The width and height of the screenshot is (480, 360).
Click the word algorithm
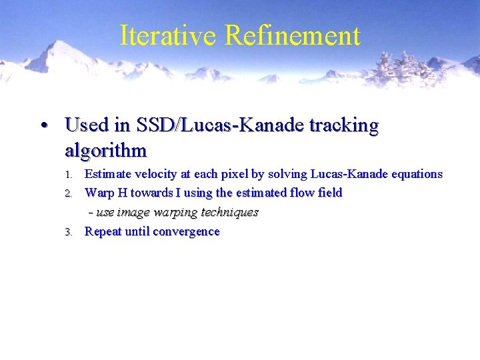[x=105, y=151]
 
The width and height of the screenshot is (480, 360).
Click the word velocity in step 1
[x=155, y=175]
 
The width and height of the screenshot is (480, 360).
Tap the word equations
[x=415, y=175]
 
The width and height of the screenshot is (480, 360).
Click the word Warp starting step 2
[x=99, y=193]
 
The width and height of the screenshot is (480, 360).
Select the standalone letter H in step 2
[x=122, y=193]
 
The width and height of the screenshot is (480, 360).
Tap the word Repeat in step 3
[x=103, y=232]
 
